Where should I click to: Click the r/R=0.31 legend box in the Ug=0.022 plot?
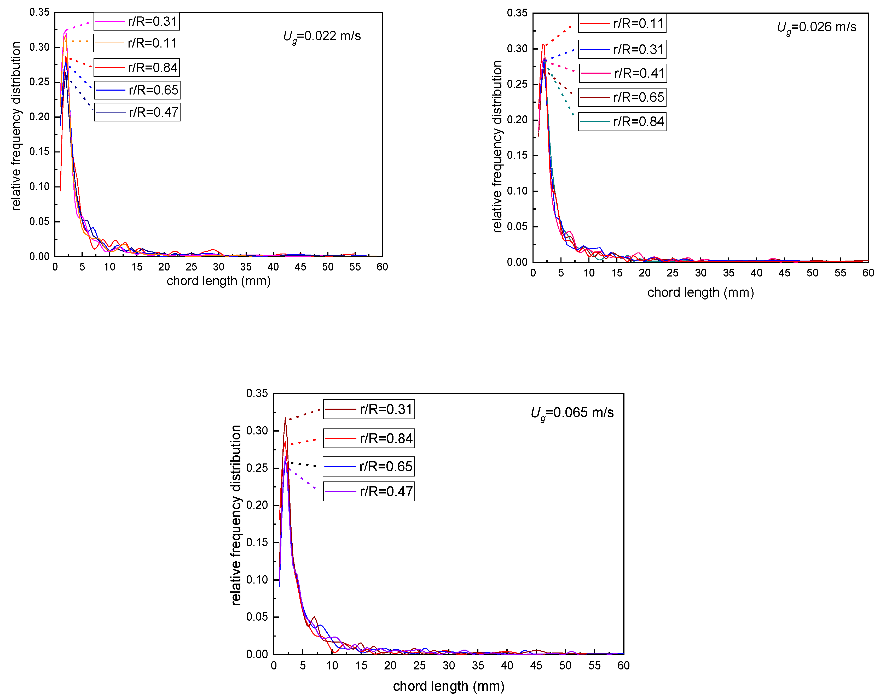(136, 21)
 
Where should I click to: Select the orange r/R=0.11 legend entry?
(136, 43)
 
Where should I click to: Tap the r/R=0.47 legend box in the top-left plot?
(137, 112)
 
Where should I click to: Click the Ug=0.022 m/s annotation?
(322, 36)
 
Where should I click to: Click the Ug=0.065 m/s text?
(572, 413)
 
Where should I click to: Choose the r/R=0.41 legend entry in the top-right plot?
(622, 73)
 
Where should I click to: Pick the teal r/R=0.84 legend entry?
(622, 122)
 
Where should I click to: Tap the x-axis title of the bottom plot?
(449, 686)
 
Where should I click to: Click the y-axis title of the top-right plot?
(497, 146)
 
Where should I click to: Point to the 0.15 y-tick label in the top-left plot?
(39, 152)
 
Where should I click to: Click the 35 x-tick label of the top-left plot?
(246, 267)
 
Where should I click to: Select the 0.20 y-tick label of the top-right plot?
(517, 120)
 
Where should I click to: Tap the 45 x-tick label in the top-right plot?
(784, 273)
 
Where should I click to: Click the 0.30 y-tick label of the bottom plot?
(257, 431)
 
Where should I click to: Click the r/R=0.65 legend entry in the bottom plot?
(369, 466)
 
